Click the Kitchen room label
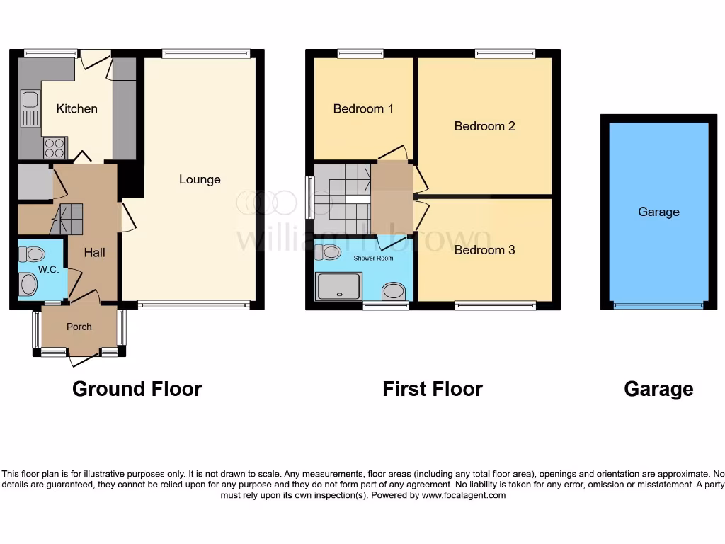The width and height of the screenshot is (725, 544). pyautogui.click(x=76, y=108)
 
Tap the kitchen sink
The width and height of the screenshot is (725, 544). pyautogui.click(x=29, y=108)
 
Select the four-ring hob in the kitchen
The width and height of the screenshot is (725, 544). pyautogui.click(x=55, y=148)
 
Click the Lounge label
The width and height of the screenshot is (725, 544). pyautogui.click(x=200, y=179)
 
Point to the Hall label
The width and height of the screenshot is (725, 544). pyautogui.click(x=95, y=252)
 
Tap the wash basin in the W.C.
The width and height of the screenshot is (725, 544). pyautogui.click(x=28, y=285)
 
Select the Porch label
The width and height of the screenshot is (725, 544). pyautogui.click(x=79, y=327)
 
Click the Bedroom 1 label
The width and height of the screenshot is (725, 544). pyautogui.click(x=363, y=109)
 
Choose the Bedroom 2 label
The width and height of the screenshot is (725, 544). pyautogui.click(x=484, y=126)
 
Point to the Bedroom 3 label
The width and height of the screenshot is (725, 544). pyautogui.click(x=484, y=250)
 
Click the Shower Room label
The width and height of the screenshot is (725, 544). pyautogui.click(x=374, y=259)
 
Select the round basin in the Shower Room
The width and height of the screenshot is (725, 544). pyautogui.click(x=393, y=291)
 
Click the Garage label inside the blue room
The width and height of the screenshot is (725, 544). pyautogui.click(x=658, y=212)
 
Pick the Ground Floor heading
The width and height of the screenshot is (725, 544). pyautogui.click(x=137, y=389)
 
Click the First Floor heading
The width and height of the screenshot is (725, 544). pyautogui.click(x=432, y=389)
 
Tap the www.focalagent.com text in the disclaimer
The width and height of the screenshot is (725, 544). pyautogui.click(x=464, y=495)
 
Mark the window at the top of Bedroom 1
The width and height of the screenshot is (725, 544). pyautogui.click(x=360, y=53)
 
